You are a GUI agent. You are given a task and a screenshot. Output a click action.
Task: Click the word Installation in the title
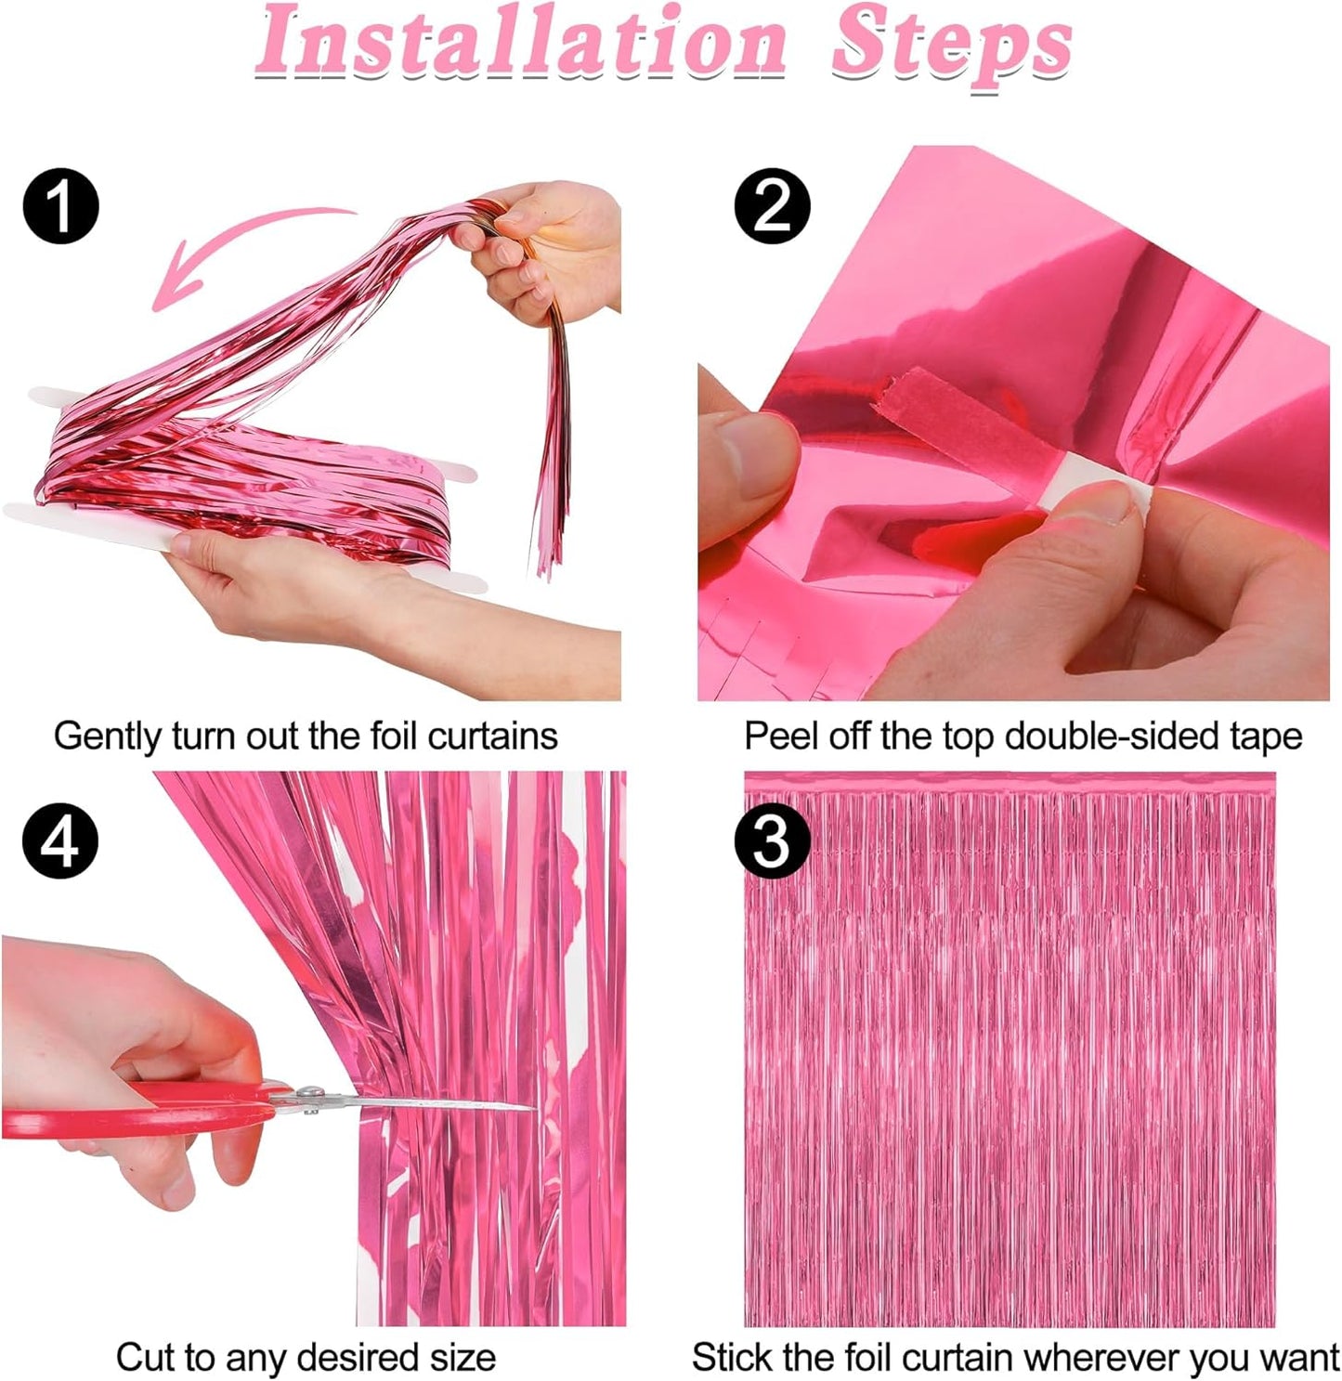(x=520, y=42)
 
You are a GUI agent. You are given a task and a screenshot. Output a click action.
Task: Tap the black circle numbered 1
(x=60, y=206)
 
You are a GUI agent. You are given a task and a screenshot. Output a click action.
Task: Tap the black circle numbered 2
(x=772, y=206)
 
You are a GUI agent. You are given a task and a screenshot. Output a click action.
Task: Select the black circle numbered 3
(x=772, y=842)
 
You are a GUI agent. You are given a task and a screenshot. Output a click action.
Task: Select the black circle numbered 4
(x=60, y=842)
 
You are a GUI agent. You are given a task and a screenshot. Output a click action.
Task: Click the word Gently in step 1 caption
(x=108, y=736)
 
